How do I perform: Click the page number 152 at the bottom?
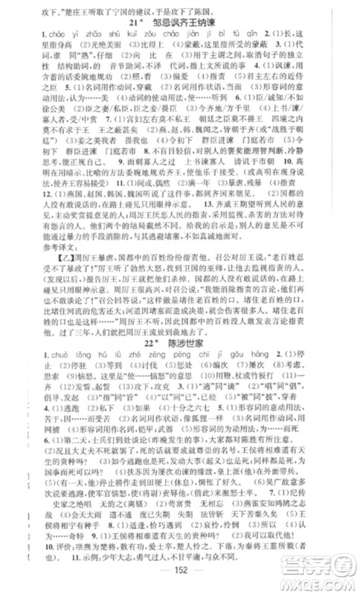[180, 584]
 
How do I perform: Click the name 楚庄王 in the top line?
[73, 8]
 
